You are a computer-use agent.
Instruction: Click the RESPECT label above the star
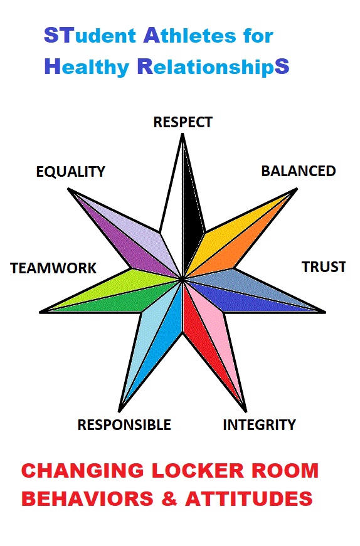tap(183, 122)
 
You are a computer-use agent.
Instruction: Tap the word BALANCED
tap(299, 171)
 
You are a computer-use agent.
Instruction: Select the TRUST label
tap(324, 267)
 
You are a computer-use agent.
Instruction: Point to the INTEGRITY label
tap(259, 425)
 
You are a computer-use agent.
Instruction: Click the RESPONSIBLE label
tap(124, 425)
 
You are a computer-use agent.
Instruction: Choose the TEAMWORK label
tap(53, 268)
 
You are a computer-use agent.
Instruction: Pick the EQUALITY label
tap(70, 172)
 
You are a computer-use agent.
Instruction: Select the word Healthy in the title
tap(87, 67)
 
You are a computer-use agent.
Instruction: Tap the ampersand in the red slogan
tap(169, 498)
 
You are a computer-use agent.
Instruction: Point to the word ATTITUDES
tap(249, 498)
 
